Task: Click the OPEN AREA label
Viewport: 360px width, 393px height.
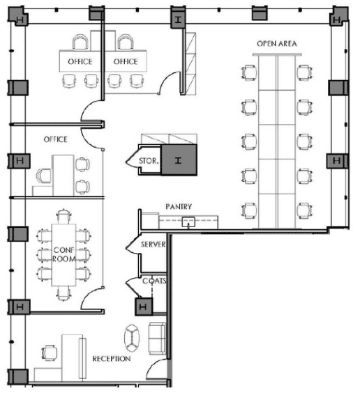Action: pyautogui.click(x=277, y=44)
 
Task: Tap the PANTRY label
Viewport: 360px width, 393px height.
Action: pyautogui.click(x=179, y=206)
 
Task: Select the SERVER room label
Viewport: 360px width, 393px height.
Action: pyautogui.click(x=153, y=245)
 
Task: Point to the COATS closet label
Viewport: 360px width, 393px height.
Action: pyautogui.click(x=154, y=281)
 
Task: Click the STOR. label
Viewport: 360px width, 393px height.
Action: pyautogui.click(x=149, y=161)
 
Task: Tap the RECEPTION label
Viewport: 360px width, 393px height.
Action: pyautogui.click(x=112, y=359)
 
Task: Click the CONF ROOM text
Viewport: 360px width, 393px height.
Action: pyautogui.click(x=64, y=254)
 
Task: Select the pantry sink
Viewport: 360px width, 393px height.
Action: pyautogui.click(x=188, y=222)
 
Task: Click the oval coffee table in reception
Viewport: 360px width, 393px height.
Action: pyautogui.click(x=132, y=339)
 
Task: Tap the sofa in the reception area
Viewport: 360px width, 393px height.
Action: pyautogui.click(x=157, y=339)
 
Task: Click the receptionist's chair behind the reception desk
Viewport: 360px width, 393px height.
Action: pyautogui.click(x=49, y=353)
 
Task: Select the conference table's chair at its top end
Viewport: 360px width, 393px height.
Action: pyautogui.click(x=63, y=216)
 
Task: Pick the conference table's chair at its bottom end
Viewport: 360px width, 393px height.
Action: pyautogui.click(x=63, y=293)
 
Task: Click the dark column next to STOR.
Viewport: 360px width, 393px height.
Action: pyautogui.click(x=179, y=160)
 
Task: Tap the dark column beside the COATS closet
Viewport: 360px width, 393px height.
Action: pyautogui.click(x=144, y=307)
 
